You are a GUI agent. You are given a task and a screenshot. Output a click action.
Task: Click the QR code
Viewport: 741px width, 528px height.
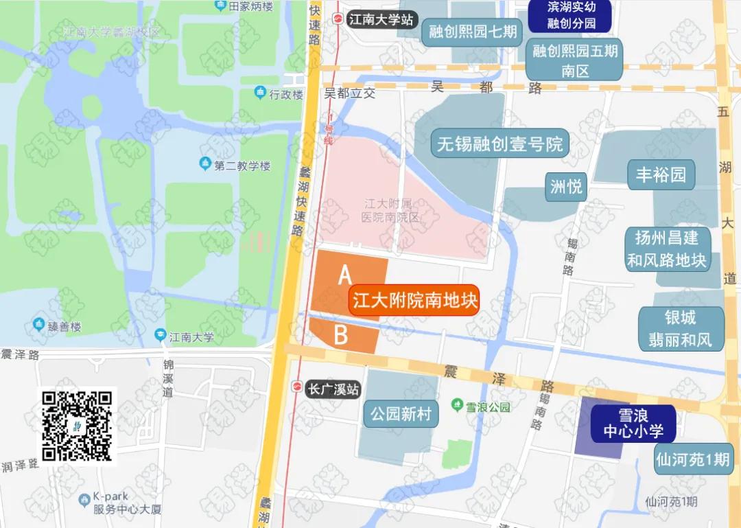coord(77,426)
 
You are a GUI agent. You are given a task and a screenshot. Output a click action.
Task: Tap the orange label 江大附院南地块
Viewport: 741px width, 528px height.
coord(414,301)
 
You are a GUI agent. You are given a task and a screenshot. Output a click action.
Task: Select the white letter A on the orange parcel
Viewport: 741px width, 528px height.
coord(345,275)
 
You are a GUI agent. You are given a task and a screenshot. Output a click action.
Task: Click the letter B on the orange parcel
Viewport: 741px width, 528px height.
coord(341,335)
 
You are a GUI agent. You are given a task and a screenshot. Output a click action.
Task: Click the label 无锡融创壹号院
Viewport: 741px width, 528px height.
coord(499,144)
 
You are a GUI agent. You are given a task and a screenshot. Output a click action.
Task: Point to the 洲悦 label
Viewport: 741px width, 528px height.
coord(566,186)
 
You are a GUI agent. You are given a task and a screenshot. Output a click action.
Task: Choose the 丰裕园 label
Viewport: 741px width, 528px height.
coord(661,174)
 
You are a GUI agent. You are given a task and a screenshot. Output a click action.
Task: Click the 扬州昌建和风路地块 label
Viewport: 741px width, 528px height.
coord(666,249)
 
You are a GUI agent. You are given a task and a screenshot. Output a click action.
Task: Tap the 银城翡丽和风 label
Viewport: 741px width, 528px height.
coord(681,328)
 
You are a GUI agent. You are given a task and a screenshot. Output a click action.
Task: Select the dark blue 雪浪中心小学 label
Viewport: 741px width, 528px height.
coord(633,423)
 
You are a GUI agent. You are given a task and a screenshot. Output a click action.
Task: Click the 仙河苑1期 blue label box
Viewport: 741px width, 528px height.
coord(693,459)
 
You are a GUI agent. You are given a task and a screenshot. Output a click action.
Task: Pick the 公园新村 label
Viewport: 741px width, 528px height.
coord(401,414)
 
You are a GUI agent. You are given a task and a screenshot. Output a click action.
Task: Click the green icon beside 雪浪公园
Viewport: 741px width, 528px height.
coord(457,406)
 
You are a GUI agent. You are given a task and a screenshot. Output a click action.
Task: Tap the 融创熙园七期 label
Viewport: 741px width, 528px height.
coord(473,32)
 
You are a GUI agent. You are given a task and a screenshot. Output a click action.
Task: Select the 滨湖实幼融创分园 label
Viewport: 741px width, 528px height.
coord(571,15)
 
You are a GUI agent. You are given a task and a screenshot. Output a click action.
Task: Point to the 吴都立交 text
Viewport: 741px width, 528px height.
coord(350,93)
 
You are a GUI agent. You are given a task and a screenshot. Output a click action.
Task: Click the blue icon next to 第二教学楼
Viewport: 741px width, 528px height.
coord(204,164)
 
